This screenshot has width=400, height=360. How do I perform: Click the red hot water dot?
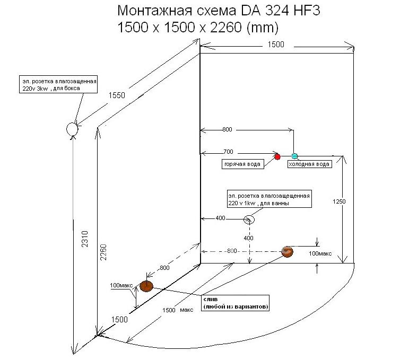(277, 156)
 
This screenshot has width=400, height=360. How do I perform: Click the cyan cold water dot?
(295, 155)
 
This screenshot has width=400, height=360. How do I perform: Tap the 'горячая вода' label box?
(242, 164)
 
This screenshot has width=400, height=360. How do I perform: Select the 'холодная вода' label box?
(309, 164)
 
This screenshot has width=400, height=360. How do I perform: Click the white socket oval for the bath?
(249, 219)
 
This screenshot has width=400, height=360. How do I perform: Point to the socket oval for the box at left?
(72, 129)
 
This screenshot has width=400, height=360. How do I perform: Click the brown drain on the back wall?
(288, 252)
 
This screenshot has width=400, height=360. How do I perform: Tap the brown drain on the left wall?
(146, 286)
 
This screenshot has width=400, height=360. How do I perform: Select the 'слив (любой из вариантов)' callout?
(235, 303)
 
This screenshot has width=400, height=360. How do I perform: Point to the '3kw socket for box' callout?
(59, 84)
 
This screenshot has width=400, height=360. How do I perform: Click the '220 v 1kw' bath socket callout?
(268, 199)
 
